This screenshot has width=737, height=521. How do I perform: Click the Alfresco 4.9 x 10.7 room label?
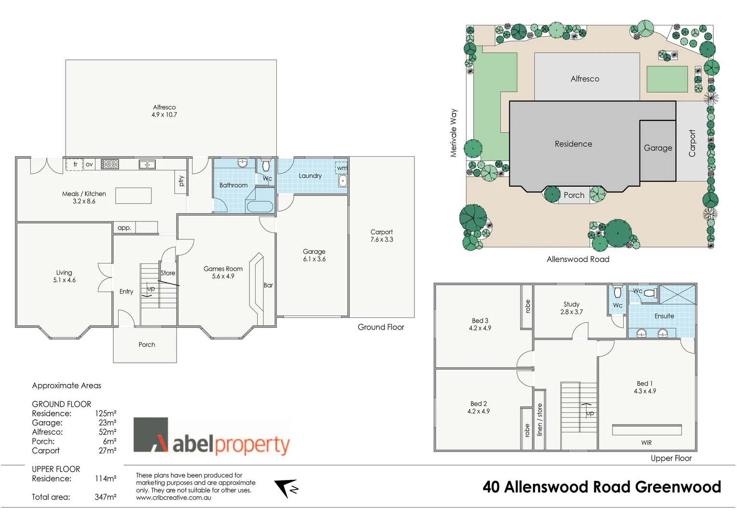(164, 111)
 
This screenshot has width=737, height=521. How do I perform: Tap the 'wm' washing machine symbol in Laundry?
(341, 168)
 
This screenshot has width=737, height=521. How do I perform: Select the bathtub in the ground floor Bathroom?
(260, 207)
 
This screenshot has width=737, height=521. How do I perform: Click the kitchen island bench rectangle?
(134, 195)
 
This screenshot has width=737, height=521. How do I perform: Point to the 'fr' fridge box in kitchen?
(75, 165)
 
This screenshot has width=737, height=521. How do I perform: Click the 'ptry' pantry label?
(181, 181)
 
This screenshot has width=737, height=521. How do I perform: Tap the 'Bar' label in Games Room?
(268, 285)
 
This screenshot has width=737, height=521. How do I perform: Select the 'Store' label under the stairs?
(168, 273)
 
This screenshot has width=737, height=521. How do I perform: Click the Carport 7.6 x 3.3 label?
(382, 235)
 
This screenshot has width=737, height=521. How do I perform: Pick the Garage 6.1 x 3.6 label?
(314, 255)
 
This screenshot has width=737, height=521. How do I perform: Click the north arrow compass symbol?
(287, 488)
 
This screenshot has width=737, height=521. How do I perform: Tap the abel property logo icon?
(151, 435)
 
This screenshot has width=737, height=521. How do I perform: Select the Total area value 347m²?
(105, 497)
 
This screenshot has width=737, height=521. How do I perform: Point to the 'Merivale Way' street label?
(453, 133)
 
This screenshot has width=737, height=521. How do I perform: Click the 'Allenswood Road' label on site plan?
(578, 259)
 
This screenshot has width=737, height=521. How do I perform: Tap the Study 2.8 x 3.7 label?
(572, 308)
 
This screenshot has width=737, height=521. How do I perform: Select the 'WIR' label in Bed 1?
(646, 442)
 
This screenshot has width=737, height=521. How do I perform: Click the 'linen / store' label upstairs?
(539, 420)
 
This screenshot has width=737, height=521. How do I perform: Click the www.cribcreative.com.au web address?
(173, 498)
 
